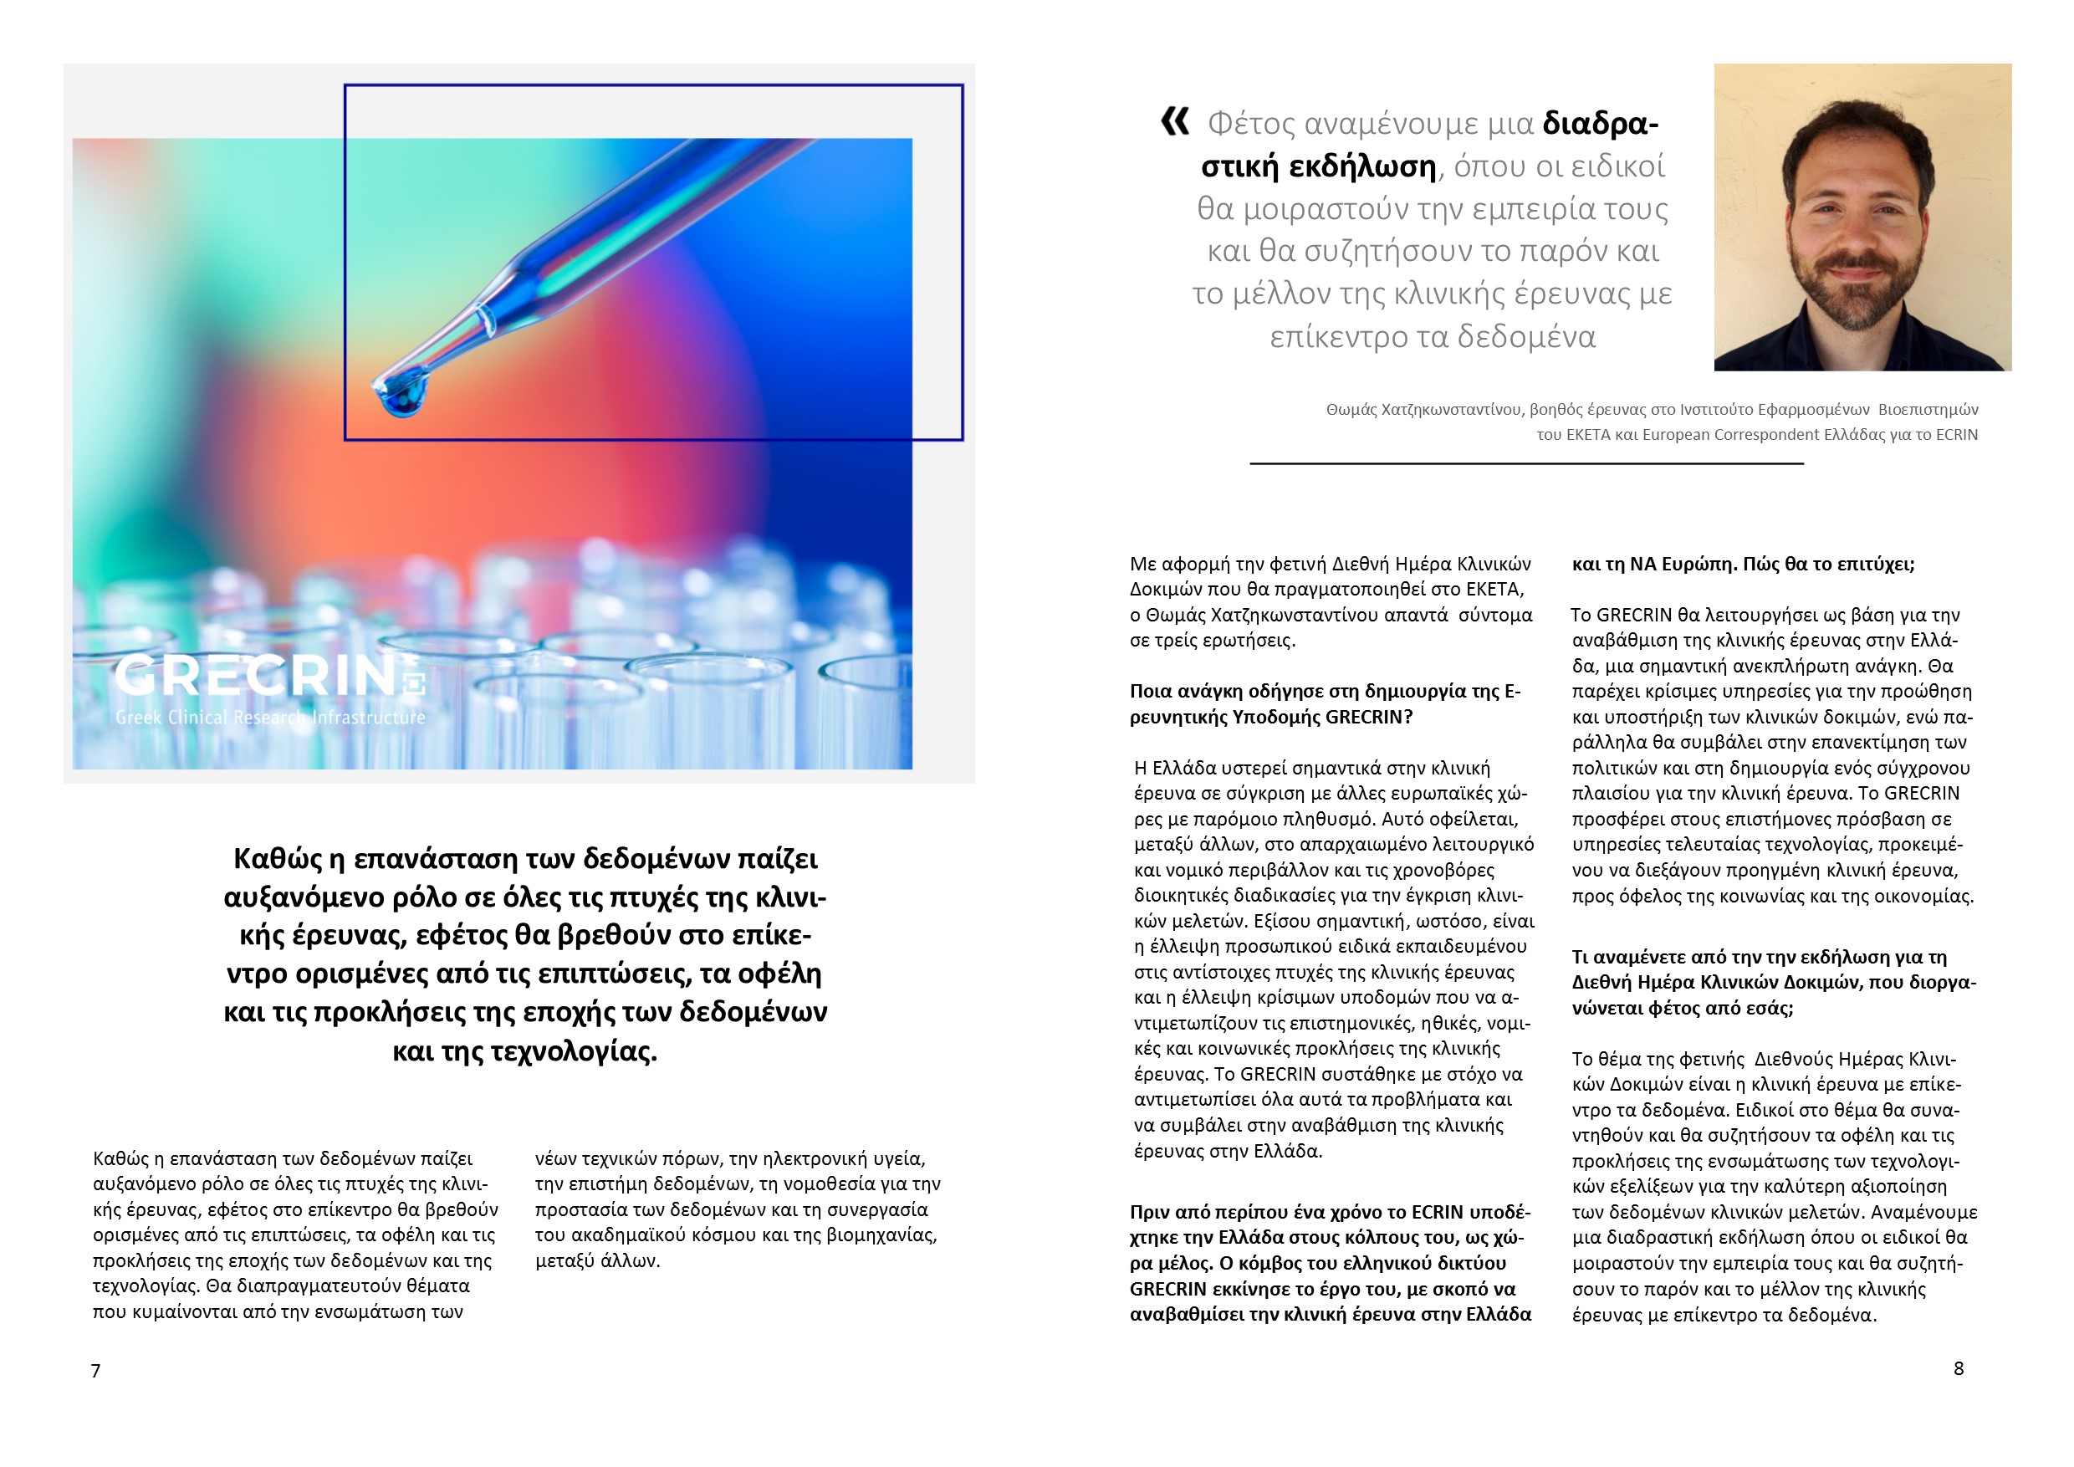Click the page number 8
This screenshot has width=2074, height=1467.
(x=1959, y=1367)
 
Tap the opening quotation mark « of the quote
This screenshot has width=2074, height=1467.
(x=1174, y=121)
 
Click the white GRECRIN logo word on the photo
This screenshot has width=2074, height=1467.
(x=258, y=675)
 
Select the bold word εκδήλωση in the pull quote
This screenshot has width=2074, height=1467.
(x=1361, y=166)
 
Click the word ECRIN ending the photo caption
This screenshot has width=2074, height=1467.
(x=1957, y=435)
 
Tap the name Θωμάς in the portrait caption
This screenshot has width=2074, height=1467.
(x=1351, y=409)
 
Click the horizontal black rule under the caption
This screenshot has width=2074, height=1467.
(x=1526, y=463)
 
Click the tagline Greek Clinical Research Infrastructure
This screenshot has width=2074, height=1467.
(x=270, y=718)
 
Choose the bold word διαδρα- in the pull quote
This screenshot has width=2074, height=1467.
(x=1600, y=123)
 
